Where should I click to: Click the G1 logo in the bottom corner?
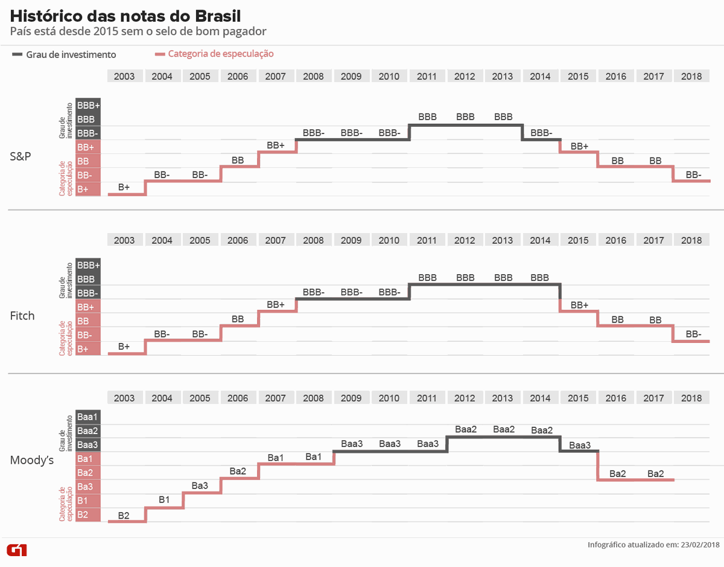(x=16, y=550)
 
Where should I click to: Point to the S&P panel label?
(x=21, y=156)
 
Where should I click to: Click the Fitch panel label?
(x=22, y=316)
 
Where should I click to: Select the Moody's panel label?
(x=32, y=461)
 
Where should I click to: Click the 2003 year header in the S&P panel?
(x=124, y=76)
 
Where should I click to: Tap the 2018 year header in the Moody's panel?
(x=691, y=398)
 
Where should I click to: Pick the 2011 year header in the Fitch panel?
(x=427, y=240)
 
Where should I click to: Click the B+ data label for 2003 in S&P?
(x=124, y=188)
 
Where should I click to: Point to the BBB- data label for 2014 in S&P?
(x=541, y=133)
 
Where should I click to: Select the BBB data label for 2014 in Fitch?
(x=540, y=278)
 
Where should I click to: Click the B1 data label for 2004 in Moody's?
(x=165, y=499)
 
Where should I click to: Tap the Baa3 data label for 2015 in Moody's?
(x=580, y=445)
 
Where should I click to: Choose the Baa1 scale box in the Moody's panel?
(x=87, y=417)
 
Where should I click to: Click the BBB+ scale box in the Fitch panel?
(x=88, y=265)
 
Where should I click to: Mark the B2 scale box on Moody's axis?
(x=83, y=515)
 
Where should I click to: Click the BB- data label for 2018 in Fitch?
(x=693, y=334)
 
